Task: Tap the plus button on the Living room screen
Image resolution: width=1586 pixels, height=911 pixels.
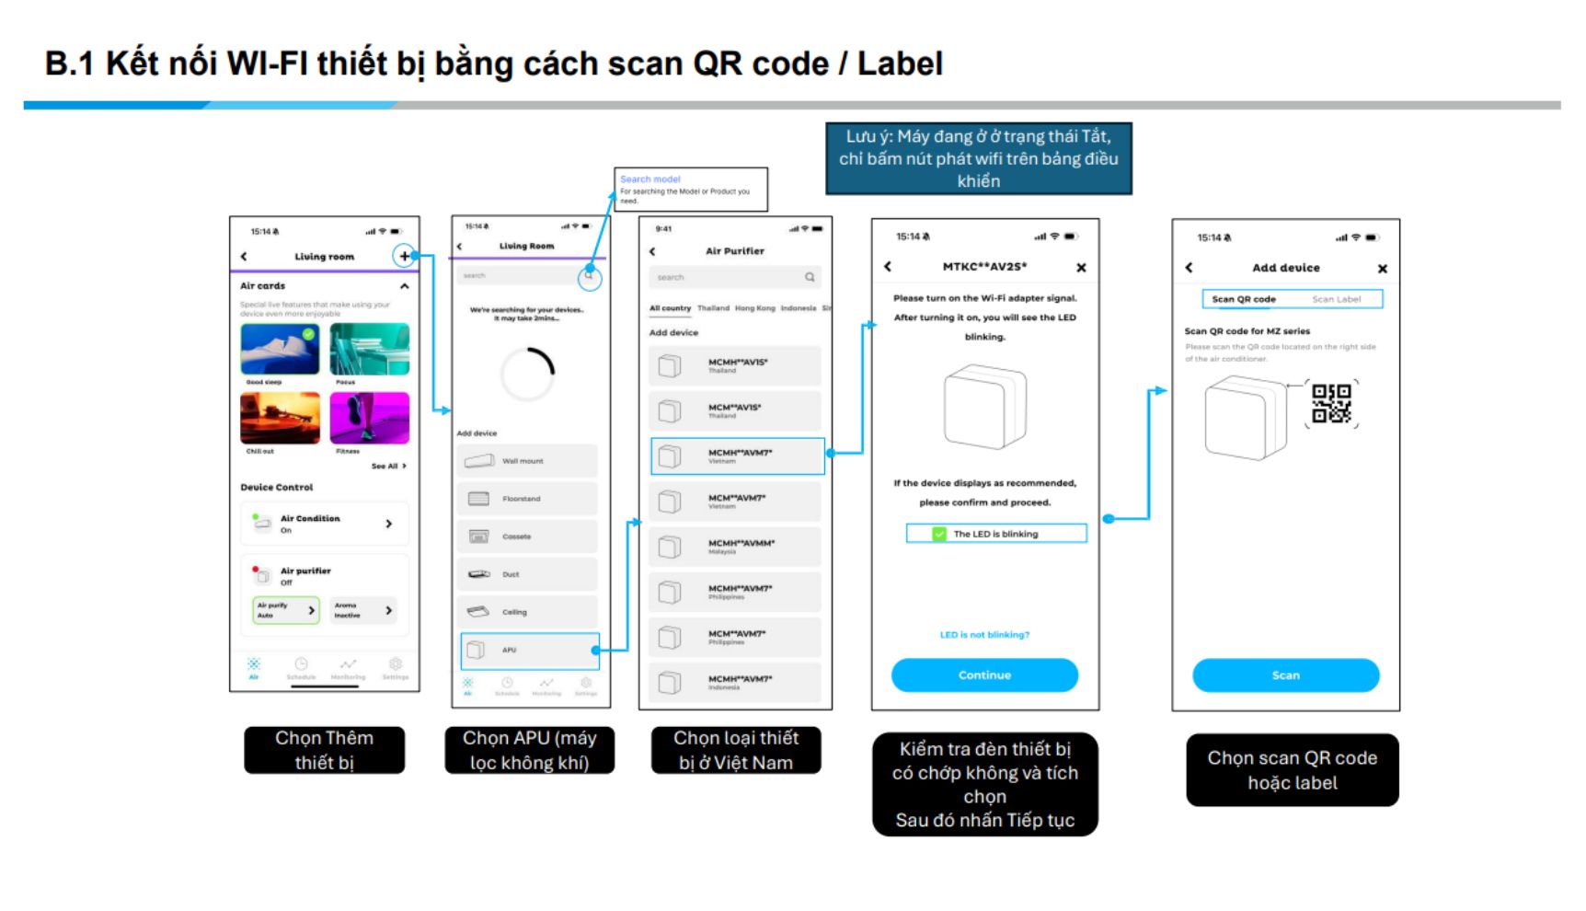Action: (x=404, y=256)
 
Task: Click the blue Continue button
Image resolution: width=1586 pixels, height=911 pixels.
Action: (x=984, y=675)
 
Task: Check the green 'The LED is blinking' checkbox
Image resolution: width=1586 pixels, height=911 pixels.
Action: (x=939, y=534)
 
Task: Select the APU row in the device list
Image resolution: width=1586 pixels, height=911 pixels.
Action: (x=530, y=650)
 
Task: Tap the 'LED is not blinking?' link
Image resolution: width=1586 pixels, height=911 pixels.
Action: (x=984, y=635)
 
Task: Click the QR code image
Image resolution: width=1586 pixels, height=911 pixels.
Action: (x=1331, y=404)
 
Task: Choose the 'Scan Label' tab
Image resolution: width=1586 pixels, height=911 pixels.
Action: (x=1336, y=299)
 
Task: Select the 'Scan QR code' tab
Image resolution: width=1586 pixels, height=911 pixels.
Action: (x=1244, y=299)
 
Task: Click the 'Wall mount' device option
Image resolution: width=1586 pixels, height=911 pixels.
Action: (x=527, y=460)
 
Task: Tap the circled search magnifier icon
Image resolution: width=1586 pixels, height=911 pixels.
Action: (x=590, y=275)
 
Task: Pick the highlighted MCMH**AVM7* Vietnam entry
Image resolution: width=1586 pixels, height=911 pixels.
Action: (x=738, y=455)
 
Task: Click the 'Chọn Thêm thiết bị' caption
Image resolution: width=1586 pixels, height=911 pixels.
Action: (x=324, y=750)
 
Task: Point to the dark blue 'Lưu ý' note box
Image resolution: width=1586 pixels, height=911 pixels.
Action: (x=978, y=158)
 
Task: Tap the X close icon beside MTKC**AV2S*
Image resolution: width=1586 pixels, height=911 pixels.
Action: (x=1081, y=268)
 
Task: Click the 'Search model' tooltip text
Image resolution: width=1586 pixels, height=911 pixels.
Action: (x=650, y=179)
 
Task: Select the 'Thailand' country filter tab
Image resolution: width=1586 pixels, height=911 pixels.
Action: (x=713, y=308)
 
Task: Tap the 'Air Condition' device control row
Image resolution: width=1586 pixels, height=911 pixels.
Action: (x=324, y=524)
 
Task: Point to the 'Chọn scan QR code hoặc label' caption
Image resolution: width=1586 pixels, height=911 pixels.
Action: (x=1292, y=770)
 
